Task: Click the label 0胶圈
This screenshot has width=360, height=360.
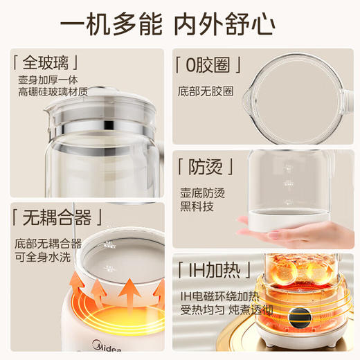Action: pos(208,65)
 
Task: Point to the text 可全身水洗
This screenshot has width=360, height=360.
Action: pos(43,258)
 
